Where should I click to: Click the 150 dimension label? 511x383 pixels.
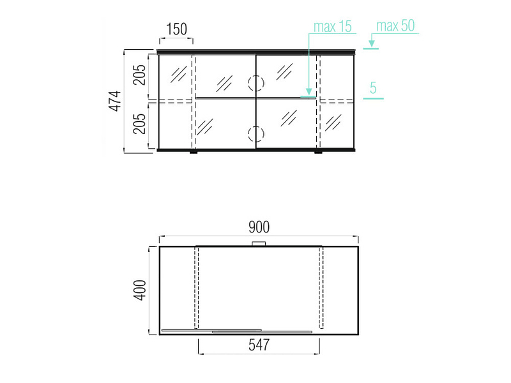(x=177, y=29)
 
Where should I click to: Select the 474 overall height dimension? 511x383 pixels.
(x=115, y=101)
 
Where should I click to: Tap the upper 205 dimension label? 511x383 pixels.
(x=139, y=75)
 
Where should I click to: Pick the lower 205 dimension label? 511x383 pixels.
(x=139, y=124)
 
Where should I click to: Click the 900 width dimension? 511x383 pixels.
(x=259, y=227)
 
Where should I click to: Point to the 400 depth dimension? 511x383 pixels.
(x=139, y=290)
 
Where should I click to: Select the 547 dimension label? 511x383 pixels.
(x=259, y=345)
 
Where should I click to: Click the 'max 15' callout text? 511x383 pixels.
(x=332, y=26)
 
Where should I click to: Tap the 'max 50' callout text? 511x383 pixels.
(x=395, y=26)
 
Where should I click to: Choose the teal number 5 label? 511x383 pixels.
(x=373, y=88)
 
